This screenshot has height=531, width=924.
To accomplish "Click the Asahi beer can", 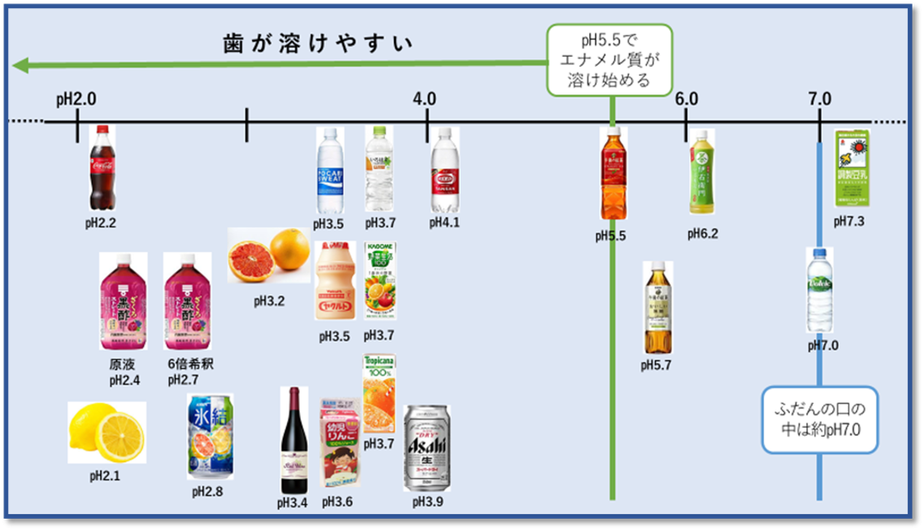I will [x=426, y=448].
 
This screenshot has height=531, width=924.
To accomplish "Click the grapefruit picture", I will [x=266, y=254].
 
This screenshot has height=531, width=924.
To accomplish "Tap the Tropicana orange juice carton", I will [x=379, y=393].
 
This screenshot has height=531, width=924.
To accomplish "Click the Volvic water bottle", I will [x=819, y=290].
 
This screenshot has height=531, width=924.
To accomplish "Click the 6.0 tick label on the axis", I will [x=686, y=99].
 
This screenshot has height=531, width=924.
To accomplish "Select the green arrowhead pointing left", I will [x=21, y=65].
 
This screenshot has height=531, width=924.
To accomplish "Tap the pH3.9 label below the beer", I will [x=424, y=502].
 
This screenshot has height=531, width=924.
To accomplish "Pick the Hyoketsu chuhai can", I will [x=208, y=436].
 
